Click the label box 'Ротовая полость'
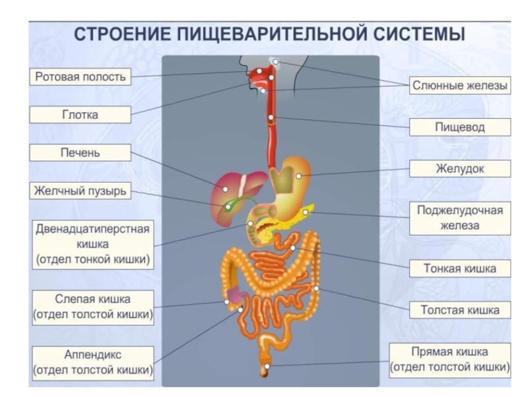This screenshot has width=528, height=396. (80, 77)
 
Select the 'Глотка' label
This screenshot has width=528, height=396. (80, 115)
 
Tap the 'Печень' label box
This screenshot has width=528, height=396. (80, 153)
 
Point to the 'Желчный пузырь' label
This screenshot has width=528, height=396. (80, 191)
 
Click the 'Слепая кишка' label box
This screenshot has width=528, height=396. (92, 307)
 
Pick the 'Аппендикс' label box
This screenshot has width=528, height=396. (92, 362)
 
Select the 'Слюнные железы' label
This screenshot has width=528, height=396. (460, 85)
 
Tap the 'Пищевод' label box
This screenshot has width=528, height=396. (460, 127)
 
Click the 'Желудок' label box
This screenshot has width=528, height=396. (460, 168)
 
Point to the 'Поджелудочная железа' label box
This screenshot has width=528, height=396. (460, 218)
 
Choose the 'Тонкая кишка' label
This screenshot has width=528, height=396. (460, 269)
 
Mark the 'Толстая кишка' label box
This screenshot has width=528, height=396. (460, 310)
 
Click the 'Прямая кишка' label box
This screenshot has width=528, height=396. (449, 359)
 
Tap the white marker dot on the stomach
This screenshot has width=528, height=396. (298, 176)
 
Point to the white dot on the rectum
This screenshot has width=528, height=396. (267, 365)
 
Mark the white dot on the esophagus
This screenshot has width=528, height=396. (271, 117)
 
